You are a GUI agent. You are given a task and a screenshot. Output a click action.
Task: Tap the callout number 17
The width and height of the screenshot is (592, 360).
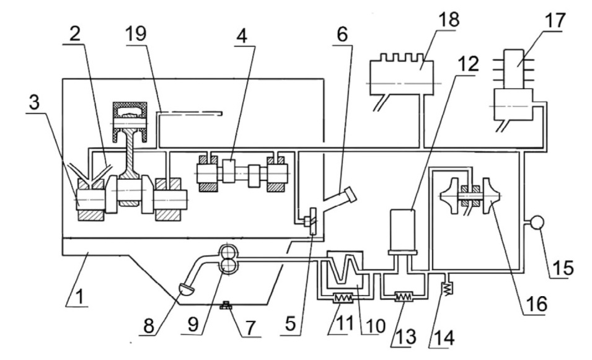click(555, 20)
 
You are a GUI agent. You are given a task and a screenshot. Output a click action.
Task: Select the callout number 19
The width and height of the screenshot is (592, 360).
click(136, 33)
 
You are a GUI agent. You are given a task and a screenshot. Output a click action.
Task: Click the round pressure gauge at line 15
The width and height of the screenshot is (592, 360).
click(537, 222)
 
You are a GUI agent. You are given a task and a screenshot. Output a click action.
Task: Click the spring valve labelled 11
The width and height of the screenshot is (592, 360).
click(343, 299)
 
